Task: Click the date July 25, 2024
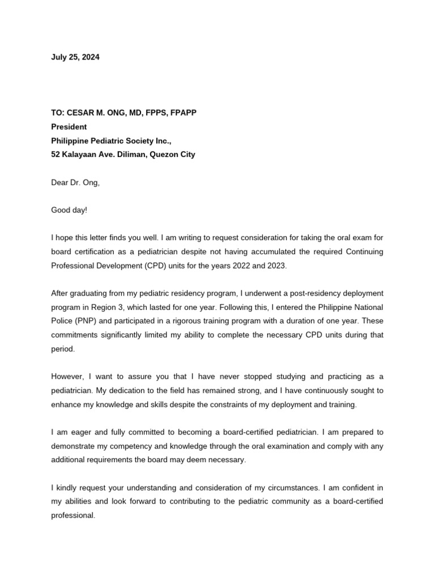click(x=75, y=57)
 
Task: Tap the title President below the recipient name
click(x=69, y=126)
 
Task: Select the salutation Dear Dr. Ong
click(x=75, y=182)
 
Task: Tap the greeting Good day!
click(x=69, y=210)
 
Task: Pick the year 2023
click(x=278, y=266)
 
